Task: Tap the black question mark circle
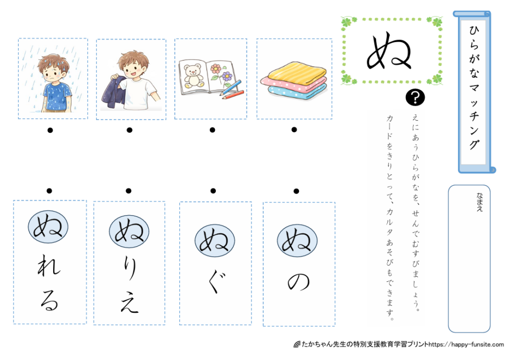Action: pyautogui.click(x=415, y=97)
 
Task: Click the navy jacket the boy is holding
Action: pyautogui.click(x=115, y=91)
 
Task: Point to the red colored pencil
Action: pyautogui.click(x=233, y=95)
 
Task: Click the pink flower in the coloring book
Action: pyautogui.click(x=215, y=69)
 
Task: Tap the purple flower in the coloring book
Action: pyautogui.click(x=227, y=77)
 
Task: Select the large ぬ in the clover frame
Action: pyautogui.click(x=389, y=51)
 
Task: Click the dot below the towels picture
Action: pyautogui.click(x=294, y=130)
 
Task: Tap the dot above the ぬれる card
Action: pyautogui.click(x=49, y=191)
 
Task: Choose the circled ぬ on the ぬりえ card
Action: pyautogui.click(x=129, y=231)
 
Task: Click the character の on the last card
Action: pyautogui.click(x=299, y=282)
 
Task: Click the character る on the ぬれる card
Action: pyautogui.click(x=49, y=300)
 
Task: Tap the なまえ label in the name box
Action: pyautogui.click(x=479, y=202)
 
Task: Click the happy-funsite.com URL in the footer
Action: pyautogui.click(x=466, y=344)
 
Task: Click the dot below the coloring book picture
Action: pyautogui.click(x=212, y=130)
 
